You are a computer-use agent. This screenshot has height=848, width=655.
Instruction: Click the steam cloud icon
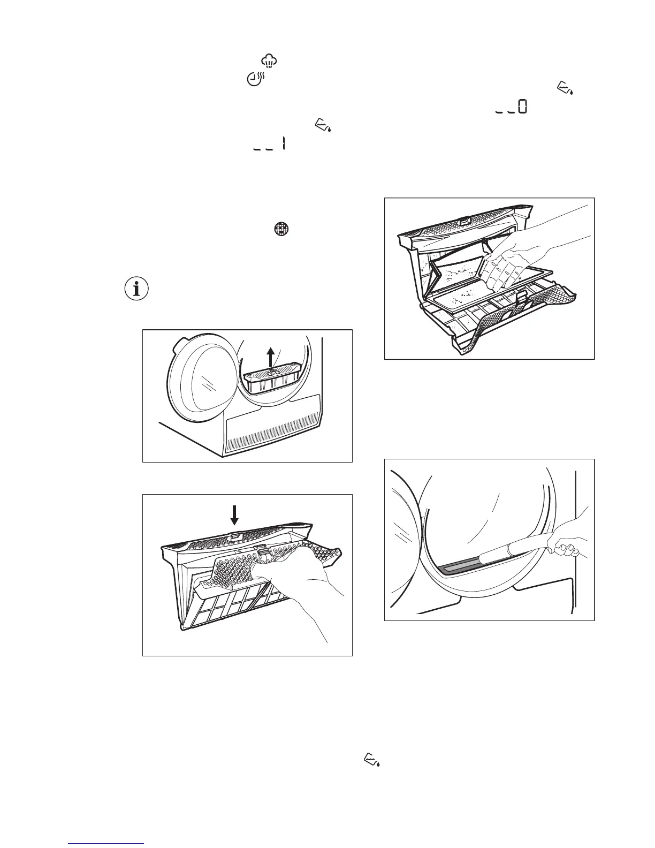[269, 61]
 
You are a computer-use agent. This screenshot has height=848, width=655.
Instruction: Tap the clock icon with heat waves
[256, 79]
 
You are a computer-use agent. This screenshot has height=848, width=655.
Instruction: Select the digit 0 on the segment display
[522, 106]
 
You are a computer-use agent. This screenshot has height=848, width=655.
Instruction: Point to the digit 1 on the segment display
[284, 143]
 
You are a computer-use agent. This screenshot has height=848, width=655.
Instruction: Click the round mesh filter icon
[281, 229]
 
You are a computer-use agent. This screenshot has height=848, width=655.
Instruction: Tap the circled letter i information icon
[136, 289]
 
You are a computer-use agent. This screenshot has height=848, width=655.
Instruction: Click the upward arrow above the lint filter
[270, 358]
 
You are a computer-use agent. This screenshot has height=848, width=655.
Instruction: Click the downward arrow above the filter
[234, 515]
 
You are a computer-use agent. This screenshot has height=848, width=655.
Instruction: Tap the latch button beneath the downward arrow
[235, 537]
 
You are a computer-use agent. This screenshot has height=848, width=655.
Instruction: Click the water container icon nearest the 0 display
[565, 88]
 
